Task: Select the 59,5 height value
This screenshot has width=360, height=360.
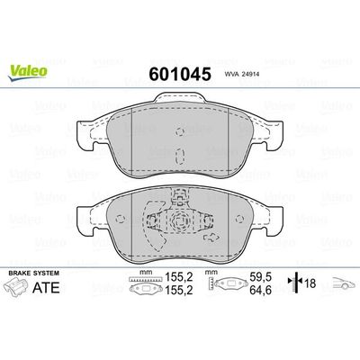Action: (x=262, y=280)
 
